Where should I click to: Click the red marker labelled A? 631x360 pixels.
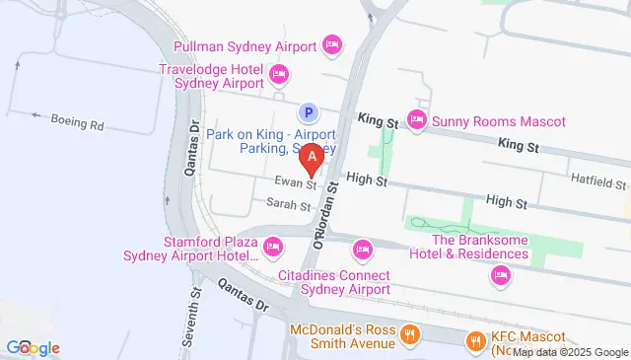click(x=313, y=157)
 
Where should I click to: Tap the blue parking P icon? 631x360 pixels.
click(x=308, y=112)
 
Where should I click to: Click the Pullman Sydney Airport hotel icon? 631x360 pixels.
click(x=332, y=44)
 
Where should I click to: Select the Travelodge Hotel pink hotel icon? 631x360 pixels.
click(x=278, y=73)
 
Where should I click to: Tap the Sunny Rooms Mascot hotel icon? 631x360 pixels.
click(x=416, y=121)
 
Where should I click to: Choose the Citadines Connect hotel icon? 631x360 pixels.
click(x=363, y=249)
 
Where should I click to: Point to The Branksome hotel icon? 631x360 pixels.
click(x=501, y=274)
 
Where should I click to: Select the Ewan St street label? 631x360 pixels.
click(x=296, y=182)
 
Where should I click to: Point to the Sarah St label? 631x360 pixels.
click(x=289, y=205)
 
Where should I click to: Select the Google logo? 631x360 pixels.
click(x=33, y=347)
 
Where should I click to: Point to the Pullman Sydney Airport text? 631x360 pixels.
click(x=244, y=46)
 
